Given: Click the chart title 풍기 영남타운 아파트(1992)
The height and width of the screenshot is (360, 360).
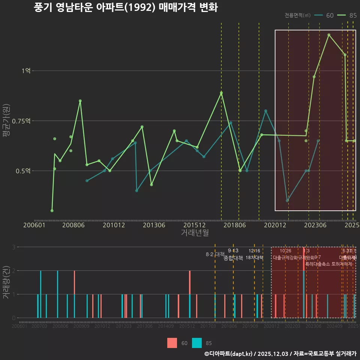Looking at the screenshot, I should [126, 7].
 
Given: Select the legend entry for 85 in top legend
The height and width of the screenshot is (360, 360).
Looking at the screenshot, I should [346, 15].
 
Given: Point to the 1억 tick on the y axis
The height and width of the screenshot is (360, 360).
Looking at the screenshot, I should [27, 70].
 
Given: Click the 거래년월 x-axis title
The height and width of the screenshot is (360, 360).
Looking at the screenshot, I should [195, 232].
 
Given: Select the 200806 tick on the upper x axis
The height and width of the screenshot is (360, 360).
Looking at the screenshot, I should [73, 225].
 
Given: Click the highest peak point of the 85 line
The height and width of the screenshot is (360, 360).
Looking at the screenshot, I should [329, 35].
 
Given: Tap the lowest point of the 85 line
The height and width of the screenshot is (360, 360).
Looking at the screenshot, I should [52, 211].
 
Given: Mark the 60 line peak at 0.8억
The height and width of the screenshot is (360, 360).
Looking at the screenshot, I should [265, 111].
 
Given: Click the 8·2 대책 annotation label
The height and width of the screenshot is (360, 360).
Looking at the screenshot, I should [214, 254].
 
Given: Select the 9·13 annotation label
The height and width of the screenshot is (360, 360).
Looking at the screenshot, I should [233, 251].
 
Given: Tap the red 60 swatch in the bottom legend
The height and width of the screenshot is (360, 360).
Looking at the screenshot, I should [172, 343].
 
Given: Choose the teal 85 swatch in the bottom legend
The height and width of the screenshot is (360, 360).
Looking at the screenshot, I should [196, 343].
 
